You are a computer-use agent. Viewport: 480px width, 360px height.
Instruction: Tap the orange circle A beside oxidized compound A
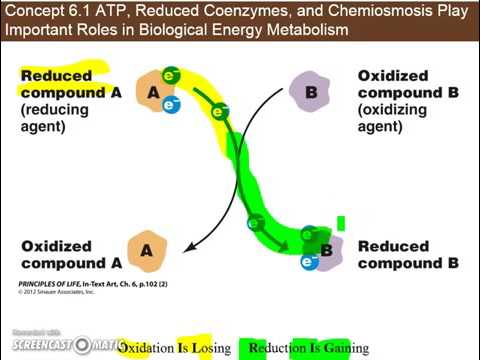(146, 252)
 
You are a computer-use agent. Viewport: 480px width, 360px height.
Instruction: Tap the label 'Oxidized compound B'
(392, 84)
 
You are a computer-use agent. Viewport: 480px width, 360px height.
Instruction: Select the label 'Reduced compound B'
(408, 254)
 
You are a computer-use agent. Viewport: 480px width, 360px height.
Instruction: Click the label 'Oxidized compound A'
(70, 254)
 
